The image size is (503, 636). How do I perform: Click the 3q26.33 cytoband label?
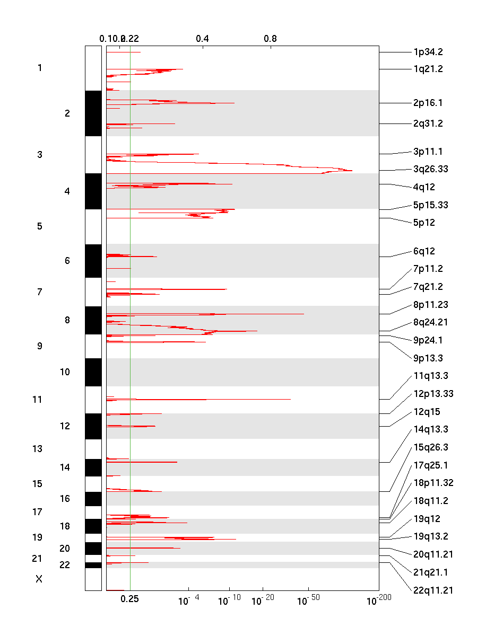(x=430, y=170)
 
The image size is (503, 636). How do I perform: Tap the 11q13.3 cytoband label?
(x=430, y=376)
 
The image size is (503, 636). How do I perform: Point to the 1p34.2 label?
(x=428, y=52)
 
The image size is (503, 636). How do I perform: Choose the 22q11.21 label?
(x=433, y=590)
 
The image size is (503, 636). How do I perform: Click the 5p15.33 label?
(x=430, y=205)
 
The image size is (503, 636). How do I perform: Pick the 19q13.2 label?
(x=430, y=536)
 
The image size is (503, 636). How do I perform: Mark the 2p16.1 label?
(x=428, y=103)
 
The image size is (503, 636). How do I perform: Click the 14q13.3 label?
(x=430, y=429)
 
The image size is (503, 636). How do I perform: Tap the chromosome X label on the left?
(x=39, y=579)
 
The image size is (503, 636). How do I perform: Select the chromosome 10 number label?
(x=65, y=372)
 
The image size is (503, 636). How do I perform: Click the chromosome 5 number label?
(x=40, y=226)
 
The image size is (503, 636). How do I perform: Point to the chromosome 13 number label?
(x=37, y=449)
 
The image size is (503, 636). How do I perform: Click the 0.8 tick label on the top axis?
(x=270, y=39)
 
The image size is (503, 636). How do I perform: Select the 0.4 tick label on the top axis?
(x=202, y=39)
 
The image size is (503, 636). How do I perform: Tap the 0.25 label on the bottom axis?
(x=129, y=599)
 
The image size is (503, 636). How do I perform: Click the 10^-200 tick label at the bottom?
(x=378, y=600)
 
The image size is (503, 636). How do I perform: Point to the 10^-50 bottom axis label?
(x=307, y=600)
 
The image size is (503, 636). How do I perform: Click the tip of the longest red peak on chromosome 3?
(x=352, y=170)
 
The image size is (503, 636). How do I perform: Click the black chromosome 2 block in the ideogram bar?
(x=93, y=113)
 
